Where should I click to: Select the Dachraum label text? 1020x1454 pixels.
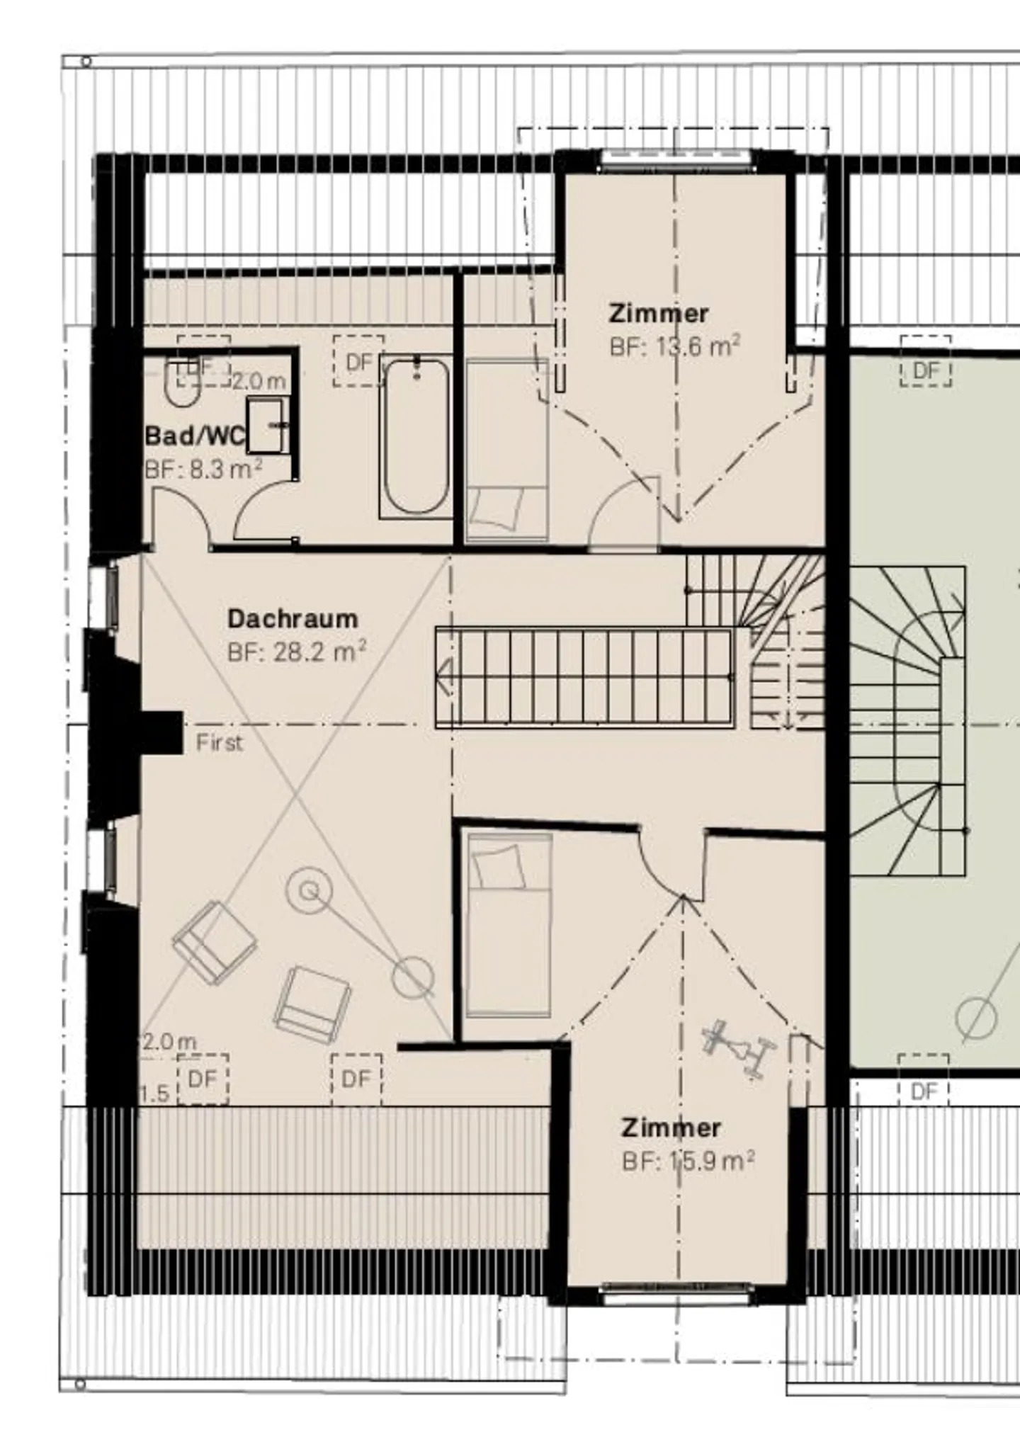tap(293, 618)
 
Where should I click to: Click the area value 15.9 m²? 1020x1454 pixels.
tap(709, 1162)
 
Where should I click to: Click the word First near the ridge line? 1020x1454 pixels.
tap(219, 743)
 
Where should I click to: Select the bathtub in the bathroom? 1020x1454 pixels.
tap(416, 438)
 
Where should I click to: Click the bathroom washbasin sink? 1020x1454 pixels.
tap(267, 424)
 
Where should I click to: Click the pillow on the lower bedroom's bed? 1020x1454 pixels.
tap(499, 866)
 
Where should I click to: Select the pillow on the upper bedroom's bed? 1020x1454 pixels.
tap(498, 507)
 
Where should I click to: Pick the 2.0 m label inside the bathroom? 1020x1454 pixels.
tap(259, 382)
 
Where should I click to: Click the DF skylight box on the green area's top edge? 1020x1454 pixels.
tap(926, 361)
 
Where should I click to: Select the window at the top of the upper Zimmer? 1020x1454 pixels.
tap(675, 160)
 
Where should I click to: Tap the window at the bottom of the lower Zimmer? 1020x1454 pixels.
tap(676, 1293)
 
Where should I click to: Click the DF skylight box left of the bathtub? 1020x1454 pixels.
tap(358, 361)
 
